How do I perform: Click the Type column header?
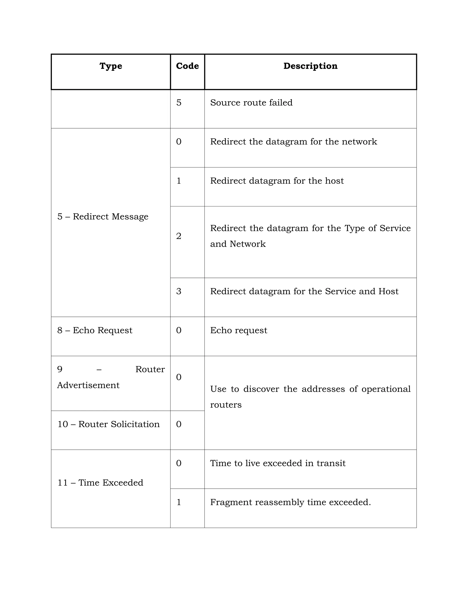[x=111, y=66]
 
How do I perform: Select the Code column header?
[x=187, y=66]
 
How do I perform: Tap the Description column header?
[x=310, y=66]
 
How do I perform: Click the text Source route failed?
[x=251, y=103]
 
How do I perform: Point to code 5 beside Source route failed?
[x=179, y=103]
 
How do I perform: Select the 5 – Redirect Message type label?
[x=103, y=216]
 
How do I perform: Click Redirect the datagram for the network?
[x=293, y=142]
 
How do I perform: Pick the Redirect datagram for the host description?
[x=277, y=181]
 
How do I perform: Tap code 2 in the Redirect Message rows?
[x=179, y=236]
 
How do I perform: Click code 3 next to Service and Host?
[x=179, y=291]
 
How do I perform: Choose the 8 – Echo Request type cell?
[x=95, y=330]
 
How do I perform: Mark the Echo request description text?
[x=238, y=330]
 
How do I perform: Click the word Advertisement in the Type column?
[x=88, y=385]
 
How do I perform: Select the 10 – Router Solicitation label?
[x=108, y=424]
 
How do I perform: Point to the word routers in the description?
[x=226, y=405]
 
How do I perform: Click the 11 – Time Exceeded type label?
[x=100, y=482]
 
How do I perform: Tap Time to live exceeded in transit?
[x=278, y=463]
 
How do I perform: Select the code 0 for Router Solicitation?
[x=179, y=424]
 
